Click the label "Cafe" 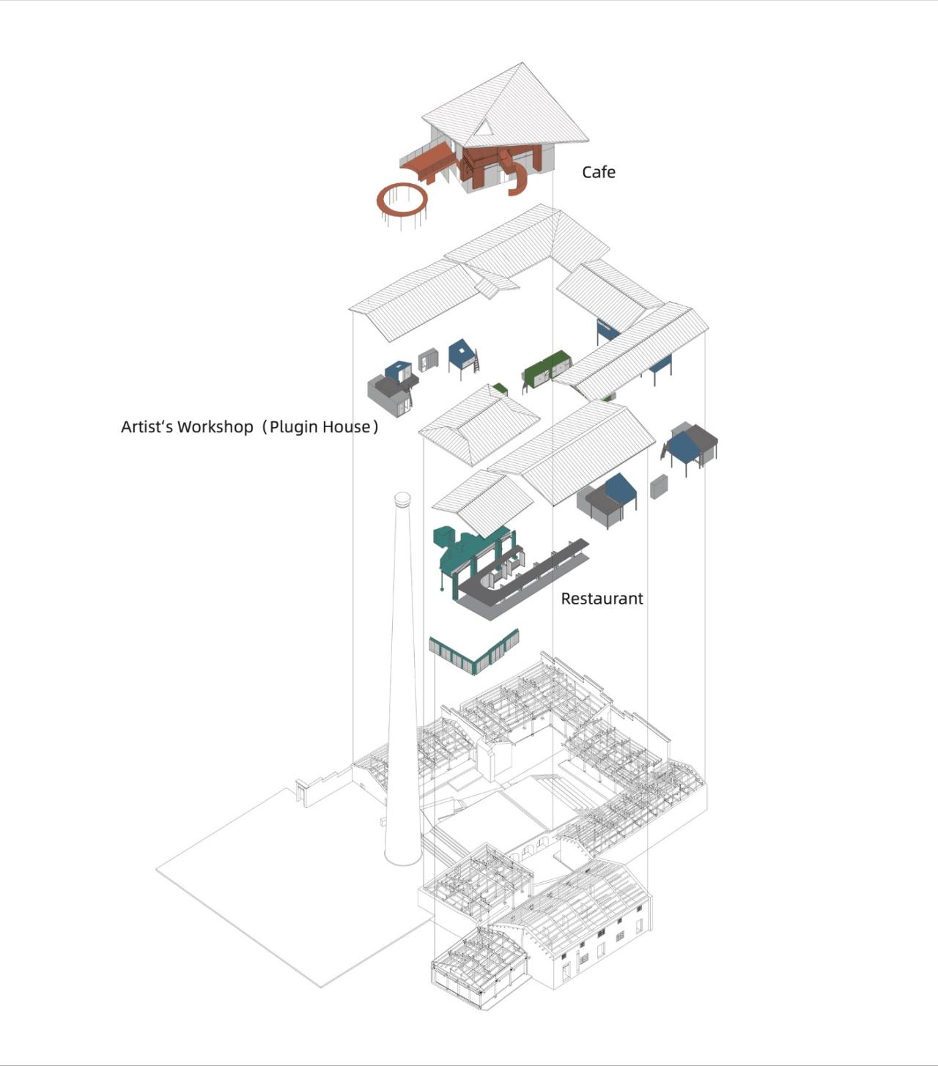(598, 172)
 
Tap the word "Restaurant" (602, 599)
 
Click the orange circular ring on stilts (402, 199)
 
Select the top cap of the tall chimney (402, 499)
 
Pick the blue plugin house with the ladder (462, 356)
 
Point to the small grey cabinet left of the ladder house (428, 360)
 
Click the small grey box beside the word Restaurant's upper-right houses (659, 486)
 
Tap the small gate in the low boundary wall (301, 792)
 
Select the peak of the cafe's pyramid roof (522, 64)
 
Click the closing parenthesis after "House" (375, 426)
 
